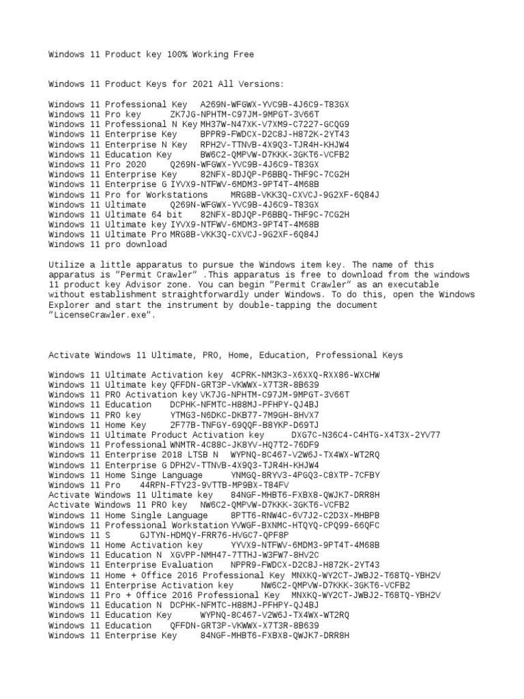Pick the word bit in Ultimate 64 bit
[x=168, y=214]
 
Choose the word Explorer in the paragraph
[x=68, y=305]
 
